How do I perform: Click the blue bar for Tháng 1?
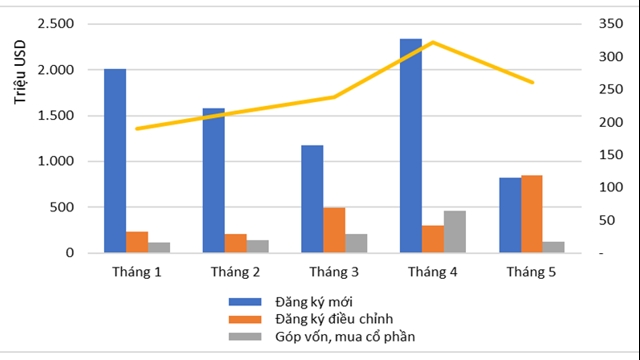pos(115,160)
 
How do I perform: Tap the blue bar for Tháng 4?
pos(410,146)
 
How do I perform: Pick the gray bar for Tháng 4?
pos(454,232)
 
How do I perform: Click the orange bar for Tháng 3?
pos(334,230)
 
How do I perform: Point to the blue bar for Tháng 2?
pos(213,180)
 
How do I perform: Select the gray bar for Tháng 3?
pos(356,243)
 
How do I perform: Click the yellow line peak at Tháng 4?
pos(432,42)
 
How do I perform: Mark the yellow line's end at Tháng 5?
pos(531,82)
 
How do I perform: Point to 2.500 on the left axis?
pos(56,23)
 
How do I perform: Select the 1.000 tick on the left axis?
pos(56,161)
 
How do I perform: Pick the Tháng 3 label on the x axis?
pos(334,271)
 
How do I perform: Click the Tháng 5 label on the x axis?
pos(531,271)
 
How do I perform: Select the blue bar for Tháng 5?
pos(509,215)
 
